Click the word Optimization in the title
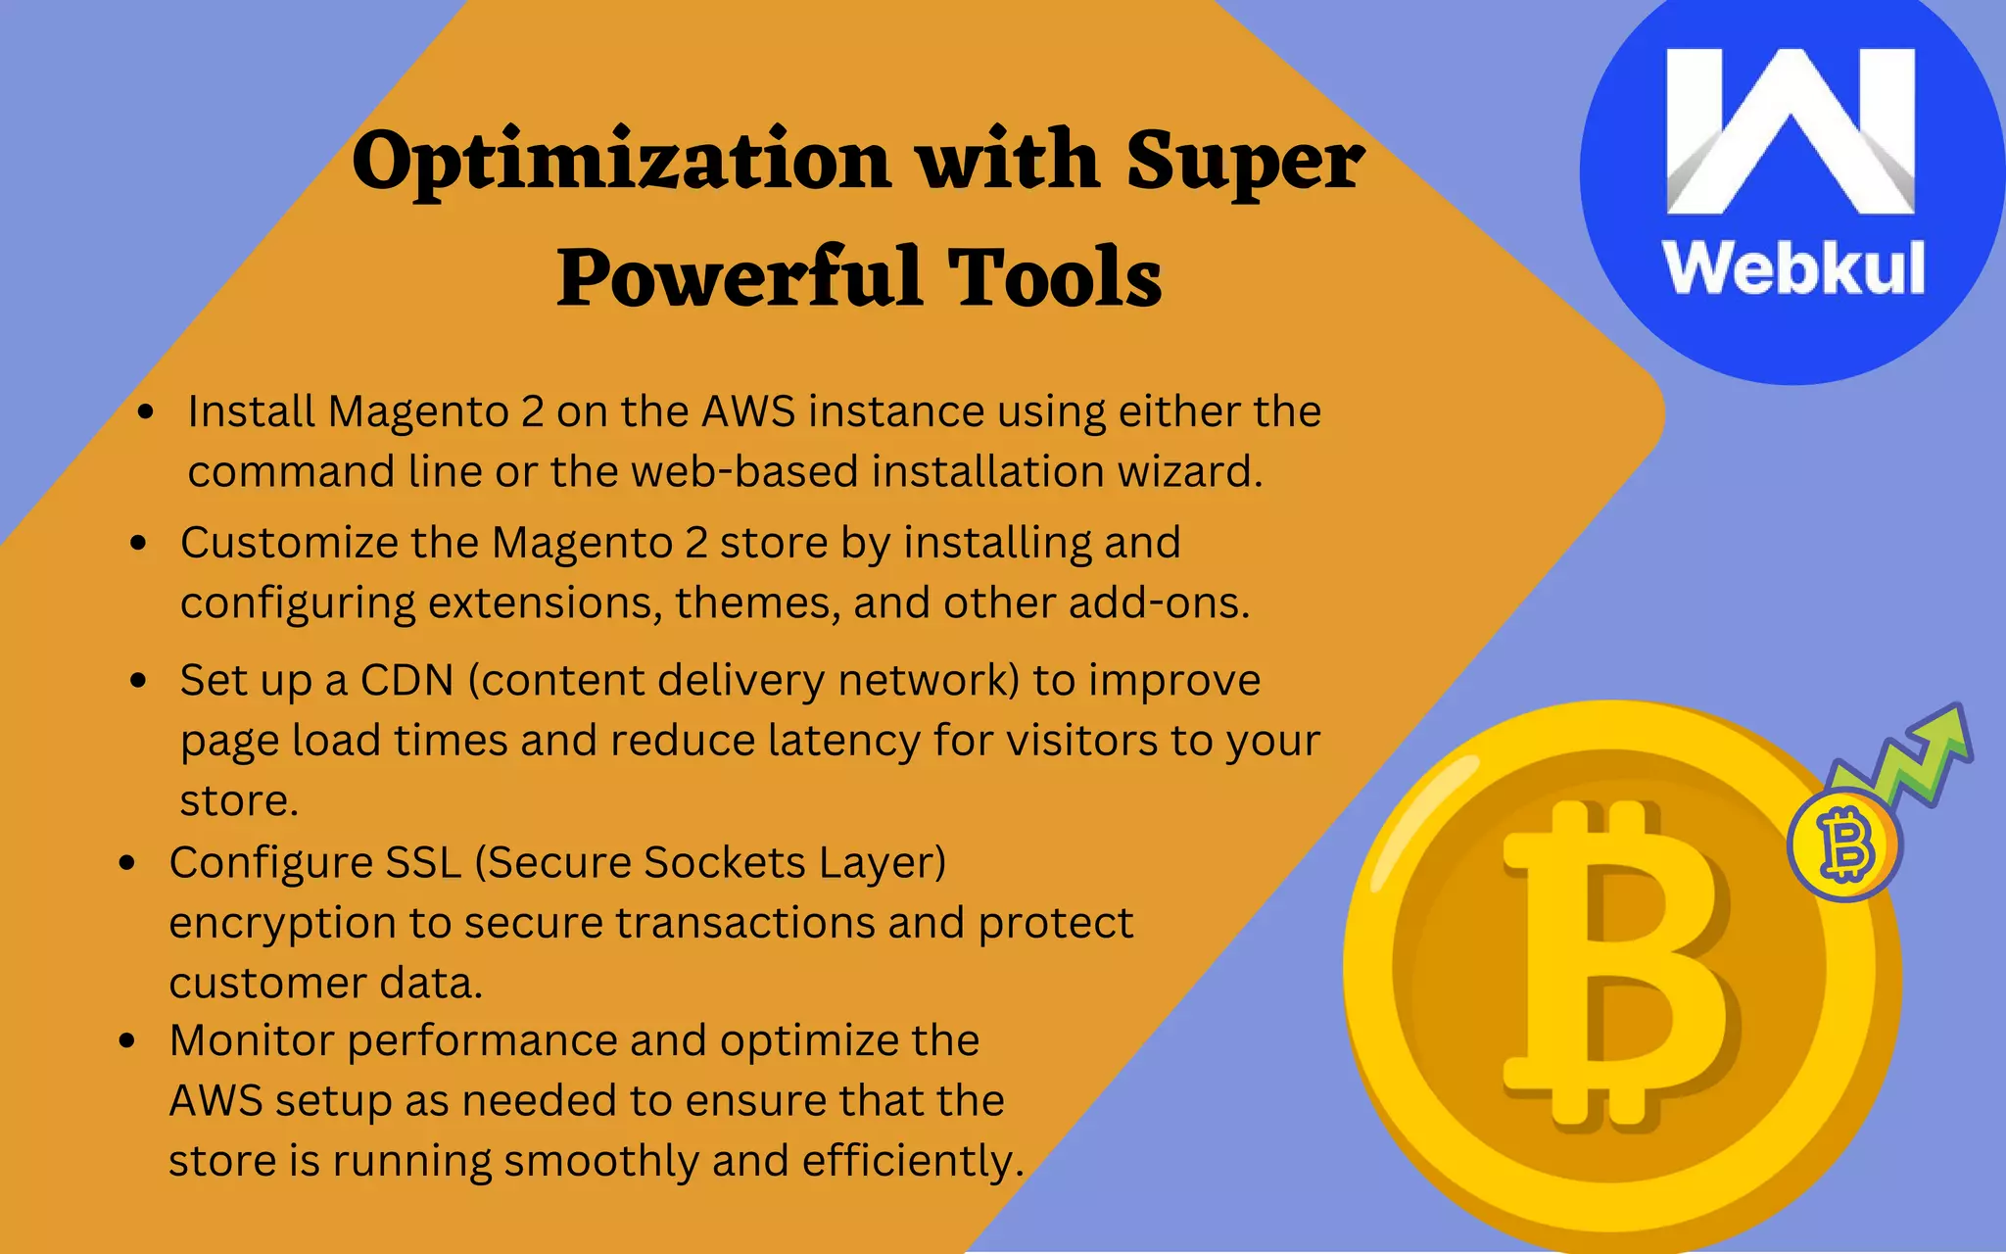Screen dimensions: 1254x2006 click(620, 162)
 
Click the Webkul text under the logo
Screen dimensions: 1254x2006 click(1793, 268)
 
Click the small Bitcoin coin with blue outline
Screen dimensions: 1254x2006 click(1845, 845)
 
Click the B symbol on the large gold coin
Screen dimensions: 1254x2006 click(1616, 965)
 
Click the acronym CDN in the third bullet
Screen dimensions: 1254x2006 click(406, 680)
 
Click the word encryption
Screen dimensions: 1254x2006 click(282, 924)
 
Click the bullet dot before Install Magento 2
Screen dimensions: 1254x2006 click(146, 412)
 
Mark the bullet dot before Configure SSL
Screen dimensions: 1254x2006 click(126, 863)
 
